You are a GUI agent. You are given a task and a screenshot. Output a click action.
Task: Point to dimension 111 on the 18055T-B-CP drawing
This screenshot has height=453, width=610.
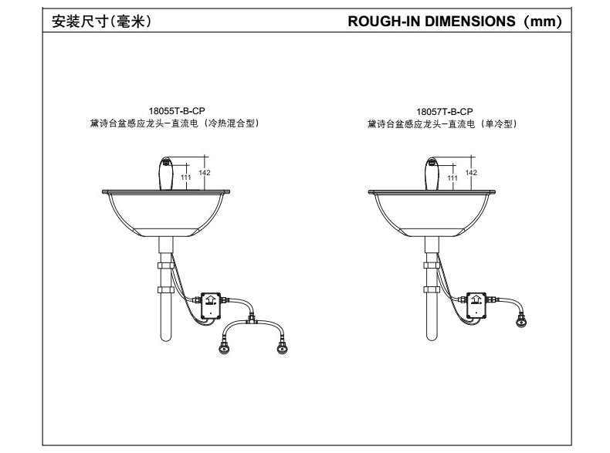(185, 177)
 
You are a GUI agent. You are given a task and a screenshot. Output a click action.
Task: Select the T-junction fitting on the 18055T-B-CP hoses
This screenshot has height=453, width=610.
(250, 318)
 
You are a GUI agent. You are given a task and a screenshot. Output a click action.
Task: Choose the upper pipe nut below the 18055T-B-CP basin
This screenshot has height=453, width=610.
(164, 264)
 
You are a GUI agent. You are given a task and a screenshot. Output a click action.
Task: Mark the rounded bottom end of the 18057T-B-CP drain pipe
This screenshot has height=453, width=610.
(431, 337)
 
